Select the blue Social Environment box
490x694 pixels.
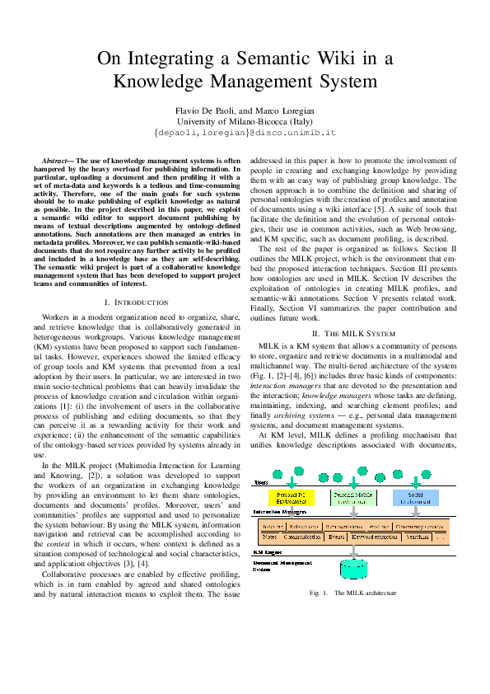tap(416, 497)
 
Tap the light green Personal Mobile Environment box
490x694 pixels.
tap(354, 497)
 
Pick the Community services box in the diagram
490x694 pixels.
tap(420, 526)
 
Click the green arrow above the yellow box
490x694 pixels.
tap(292, 484)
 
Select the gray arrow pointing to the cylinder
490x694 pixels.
tap(354, 552)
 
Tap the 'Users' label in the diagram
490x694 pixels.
tap(260, 481)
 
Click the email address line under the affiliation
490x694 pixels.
tap(245, 132)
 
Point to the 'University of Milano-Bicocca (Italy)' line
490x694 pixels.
tap(245, 121)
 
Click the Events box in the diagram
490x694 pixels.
tap(336, 537)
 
